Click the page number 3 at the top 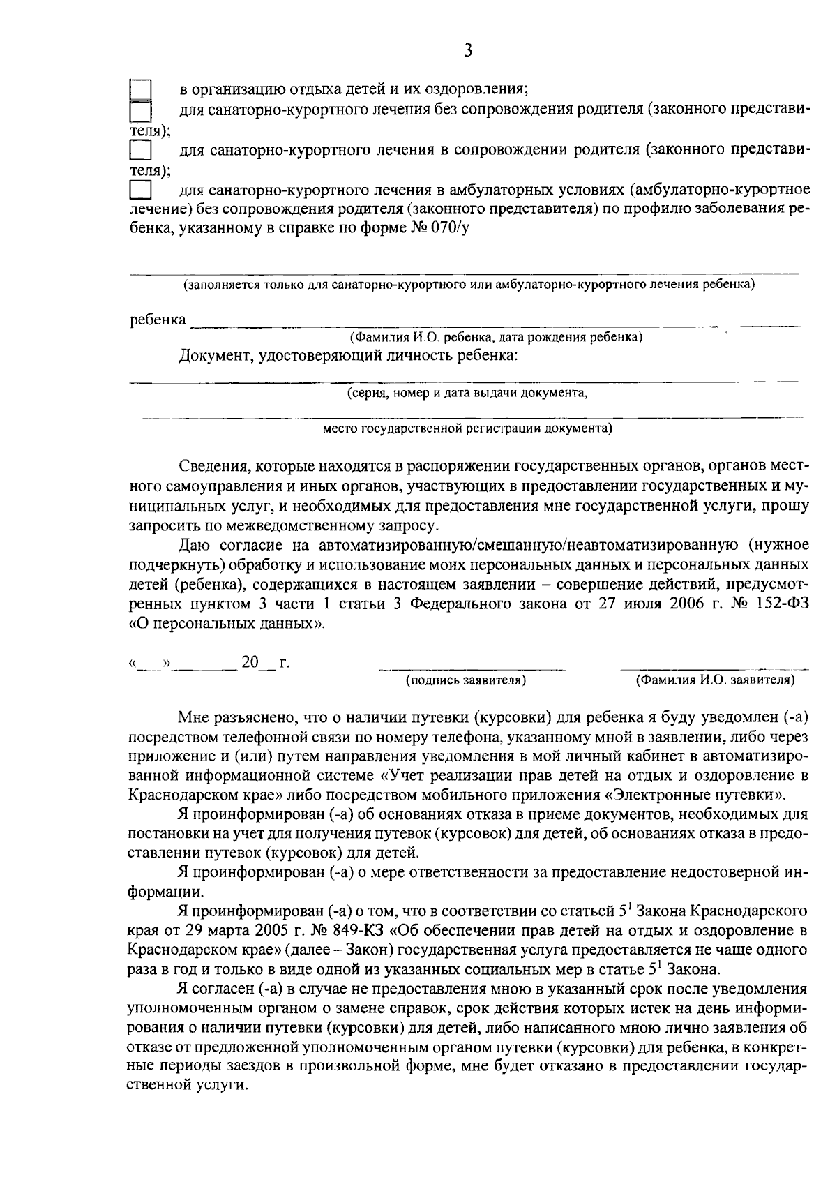[x=468, y=50]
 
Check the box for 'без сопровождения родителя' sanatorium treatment [x=142, y=111]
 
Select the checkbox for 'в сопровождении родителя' [x=141, y=151]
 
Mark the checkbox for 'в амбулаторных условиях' [x=141, y=190]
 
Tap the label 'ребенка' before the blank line [x=158, y=320]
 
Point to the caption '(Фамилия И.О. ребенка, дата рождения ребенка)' [x=496, y=338]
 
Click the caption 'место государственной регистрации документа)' [x=467, y=428]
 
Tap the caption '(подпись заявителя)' [x=466, y=680]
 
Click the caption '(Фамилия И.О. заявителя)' [x=715, y=680]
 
